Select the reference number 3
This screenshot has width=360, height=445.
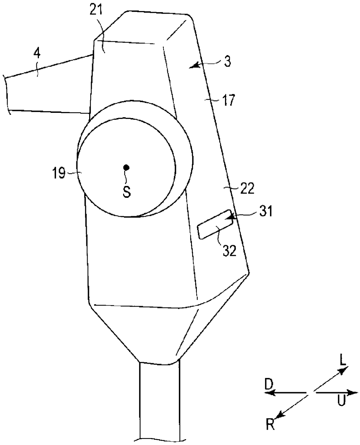228,61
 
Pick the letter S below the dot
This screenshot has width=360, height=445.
127,191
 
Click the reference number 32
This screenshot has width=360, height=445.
229,251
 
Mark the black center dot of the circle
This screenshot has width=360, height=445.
126,167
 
